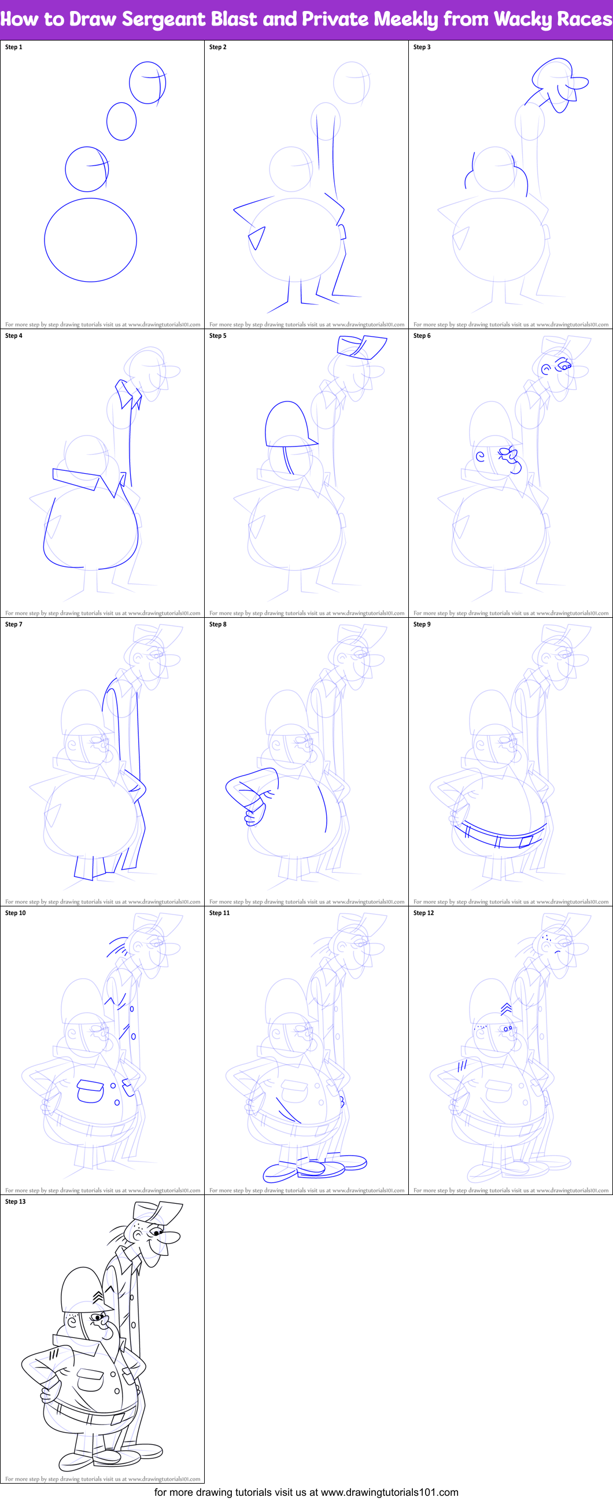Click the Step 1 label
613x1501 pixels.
point(13,47)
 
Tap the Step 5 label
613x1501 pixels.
point(217,335)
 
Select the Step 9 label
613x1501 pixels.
point(422,624)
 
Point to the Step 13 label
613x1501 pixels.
point(15,1201)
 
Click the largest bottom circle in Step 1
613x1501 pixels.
point(90,239)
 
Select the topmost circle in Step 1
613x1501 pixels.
point(147,83)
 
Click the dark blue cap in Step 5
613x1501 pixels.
point(361,346)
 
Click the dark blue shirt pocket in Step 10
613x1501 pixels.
point(90,1091)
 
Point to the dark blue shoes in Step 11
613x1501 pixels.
point(315,1167)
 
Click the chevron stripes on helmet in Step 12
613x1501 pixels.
point(506,1009)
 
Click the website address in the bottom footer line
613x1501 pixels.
point(389,1492)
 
